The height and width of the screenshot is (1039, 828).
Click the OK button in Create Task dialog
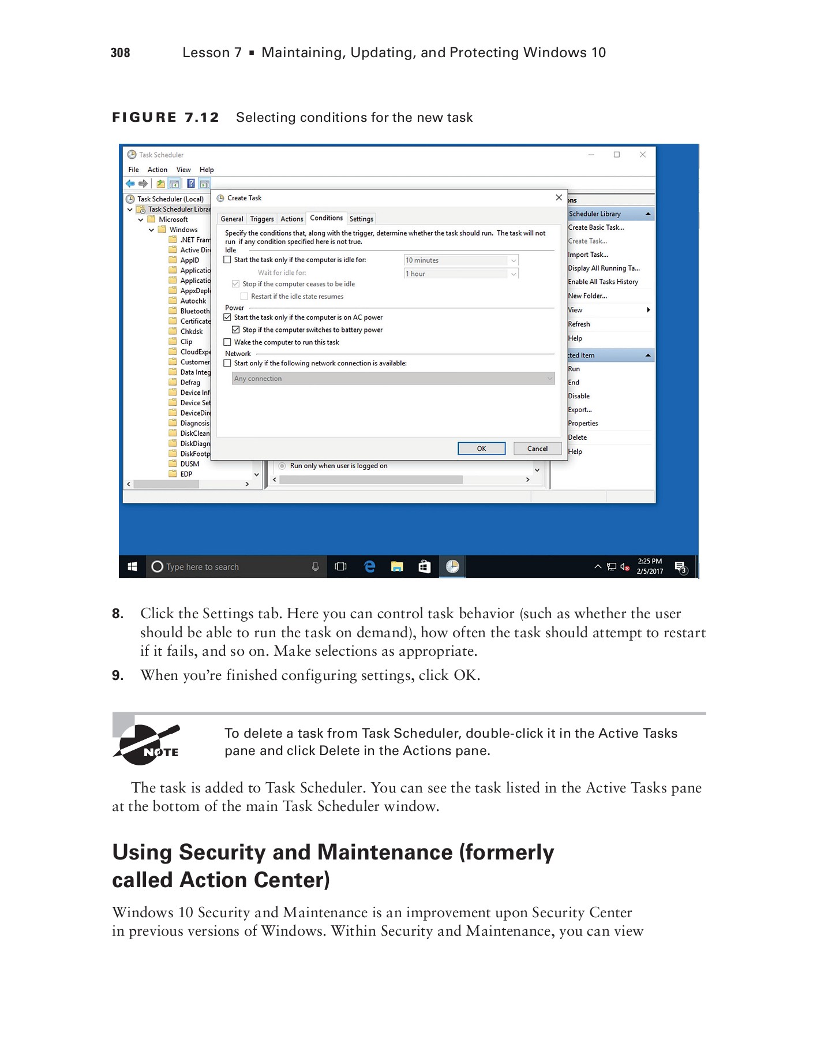[481, 449]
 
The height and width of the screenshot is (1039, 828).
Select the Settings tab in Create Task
[361, 219]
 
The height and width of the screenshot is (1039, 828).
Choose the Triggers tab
[262, 219]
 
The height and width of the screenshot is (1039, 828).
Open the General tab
[232, 219]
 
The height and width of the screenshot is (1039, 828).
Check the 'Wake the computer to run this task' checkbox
[227, 342]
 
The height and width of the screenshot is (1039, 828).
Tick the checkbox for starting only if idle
[227, 260]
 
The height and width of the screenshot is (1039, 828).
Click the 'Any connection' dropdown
[393, 379]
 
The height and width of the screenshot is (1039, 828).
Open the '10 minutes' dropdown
[460, 260]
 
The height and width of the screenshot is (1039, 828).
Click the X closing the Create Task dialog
[559, 197]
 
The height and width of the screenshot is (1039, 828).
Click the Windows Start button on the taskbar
[132, 567]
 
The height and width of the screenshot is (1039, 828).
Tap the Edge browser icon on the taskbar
[370, 567]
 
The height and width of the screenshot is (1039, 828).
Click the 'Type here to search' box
[231, 567]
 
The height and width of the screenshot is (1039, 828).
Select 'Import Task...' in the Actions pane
[588, 255]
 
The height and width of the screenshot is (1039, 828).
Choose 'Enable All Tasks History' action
[603, 282]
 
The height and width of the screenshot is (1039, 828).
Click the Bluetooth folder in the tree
[194, 311]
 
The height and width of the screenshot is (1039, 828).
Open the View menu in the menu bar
[183, 170]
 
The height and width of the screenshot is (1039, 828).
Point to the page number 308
[120, 53]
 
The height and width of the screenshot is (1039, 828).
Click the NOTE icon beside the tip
[147, 745]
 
